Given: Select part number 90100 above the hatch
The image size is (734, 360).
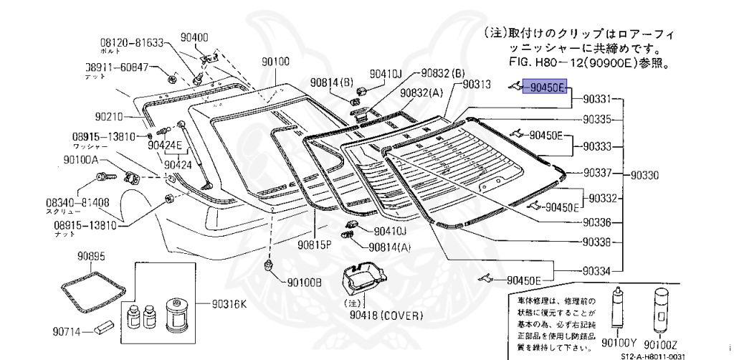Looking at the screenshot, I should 275,62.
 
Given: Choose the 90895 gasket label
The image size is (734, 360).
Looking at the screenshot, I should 92,256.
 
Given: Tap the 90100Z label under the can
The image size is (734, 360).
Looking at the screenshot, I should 660,343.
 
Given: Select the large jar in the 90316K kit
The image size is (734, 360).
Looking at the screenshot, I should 176,313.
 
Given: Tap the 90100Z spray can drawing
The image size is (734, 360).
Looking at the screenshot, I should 659,309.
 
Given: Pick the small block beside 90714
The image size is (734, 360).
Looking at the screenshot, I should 101,330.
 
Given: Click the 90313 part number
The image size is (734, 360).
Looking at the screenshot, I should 477,85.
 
